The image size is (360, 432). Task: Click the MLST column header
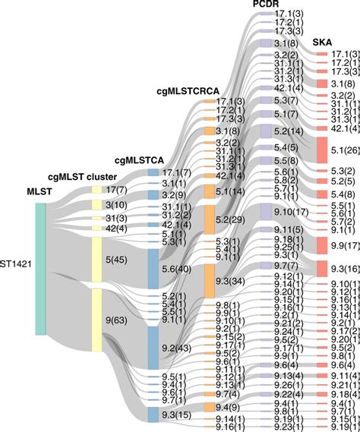pyautogui.click(x=40, y=191)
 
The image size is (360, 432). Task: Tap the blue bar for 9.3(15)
pyautogui.click(x=153, y=414)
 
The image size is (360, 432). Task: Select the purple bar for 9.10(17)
pyautogui.click(x=266, y=210)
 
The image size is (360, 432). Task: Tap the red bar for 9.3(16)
pyautogui.click(x=321, y=268)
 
